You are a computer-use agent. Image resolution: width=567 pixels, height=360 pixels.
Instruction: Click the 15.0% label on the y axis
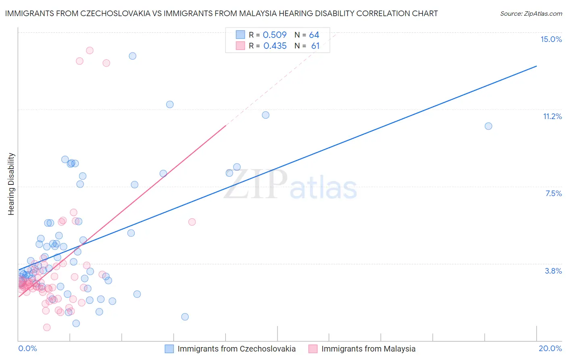coord(551,39)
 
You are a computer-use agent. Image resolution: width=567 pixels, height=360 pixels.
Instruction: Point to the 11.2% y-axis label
coord(552,116)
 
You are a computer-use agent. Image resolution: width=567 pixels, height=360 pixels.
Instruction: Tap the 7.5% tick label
coord(553,193)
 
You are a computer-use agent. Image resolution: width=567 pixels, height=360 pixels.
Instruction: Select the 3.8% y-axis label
coord(553,271)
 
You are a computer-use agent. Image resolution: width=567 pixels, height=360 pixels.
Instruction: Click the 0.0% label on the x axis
coord(27,348)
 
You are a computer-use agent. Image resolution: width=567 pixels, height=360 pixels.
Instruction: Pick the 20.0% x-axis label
coord(550,348)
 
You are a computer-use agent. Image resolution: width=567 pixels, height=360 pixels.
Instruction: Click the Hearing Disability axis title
coord(11,184)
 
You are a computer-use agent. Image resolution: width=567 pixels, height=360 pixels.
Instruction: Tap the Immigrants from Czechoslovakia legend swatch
coord(169,349)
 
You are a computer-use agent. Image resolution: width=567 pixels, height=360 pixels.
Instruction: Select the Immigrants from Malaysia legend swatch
coord(313,349)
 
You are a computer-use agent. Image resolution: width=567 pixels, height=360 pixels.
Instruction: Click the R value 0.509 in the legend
coord(275,35)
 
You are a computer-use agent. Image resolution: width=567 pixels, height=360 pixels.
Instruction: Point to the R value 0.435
coord(275,46)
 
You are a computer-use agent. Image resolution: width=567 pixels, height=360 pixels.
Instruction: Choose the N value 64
coord(314,35)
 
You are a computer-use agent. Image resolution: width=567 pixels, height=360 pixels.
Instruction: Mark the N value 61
coord(315,46)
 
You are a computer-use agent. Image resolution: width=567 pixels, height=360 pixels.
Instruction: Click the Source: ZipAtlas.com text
coord(531,14)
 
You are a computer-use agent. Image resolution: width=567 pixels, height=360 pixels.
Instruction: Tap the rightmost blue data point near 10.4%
coord(488,126)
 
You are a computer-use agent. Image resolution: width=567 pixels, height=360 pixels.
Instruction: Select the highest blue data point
coord(132,56)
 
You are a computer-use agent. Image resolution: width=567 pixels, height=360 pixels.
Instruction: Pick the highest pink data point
coord(90,50)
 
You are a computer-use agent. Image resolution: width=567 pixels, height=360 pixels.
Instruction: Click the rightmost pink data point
coord(192,222)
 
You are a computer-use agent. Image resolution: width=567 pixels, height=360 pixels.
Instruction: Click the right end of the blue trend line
coord(536,66)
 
